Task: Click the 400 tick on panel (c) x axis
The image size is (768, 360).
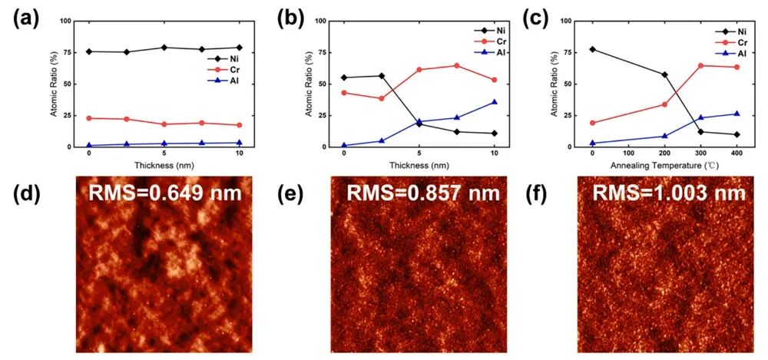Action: pos(737,154)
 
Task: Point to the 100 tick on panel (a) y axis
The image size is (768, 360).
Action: pos(71,21)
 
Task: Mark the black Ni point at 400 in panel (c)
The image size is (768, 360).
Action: pos(737,134)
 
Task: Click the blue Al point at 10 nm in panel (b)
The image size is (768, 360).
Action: pos(494,102)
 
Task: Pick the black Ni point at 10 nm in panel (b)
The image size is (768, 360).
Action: pos(494,134)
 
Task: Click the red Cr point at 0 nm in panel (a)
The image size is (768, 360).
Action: pos(89,118)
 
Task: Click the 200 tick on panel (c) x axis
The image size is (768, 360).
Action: pos(664,154)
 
